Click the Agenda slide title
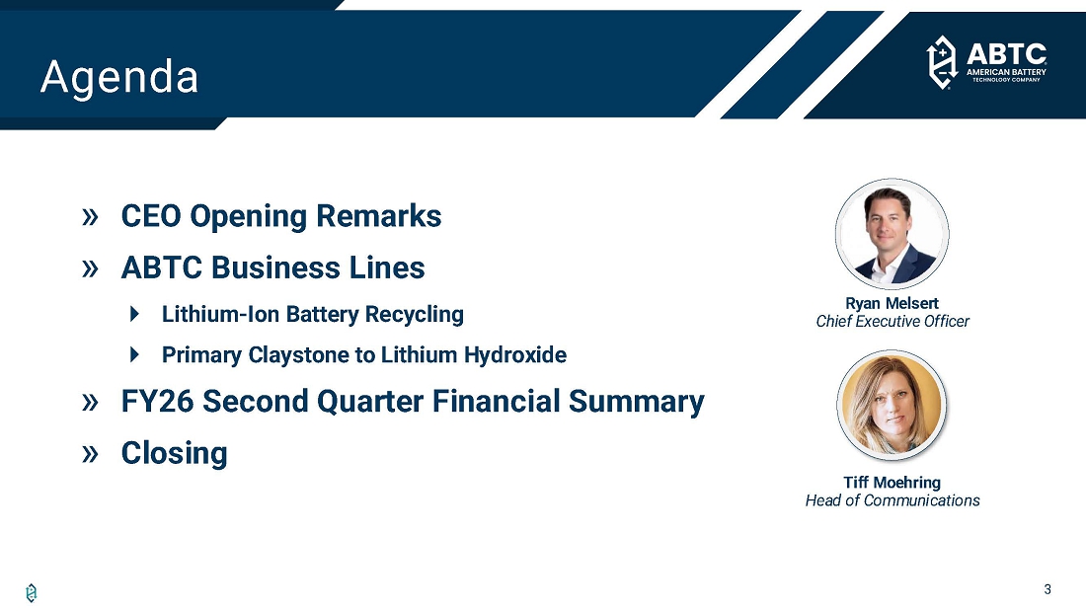(x=119, y=77)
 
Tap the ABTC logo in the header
(x=986, y=62)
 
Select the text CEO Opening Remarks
(x=281, y=216)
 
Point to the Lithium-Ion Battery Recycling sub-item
(x=312, y=315)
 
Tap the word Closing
(x=174, y=454)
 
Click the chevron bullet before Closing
(x=90, y=454)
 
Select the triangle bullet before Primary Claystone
(x=135, y=354)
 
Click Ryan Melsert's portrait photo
(x=892, y=234)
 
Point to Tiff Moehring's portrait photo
(x=892, y=406)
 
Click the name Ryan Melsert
(x=892, y=303)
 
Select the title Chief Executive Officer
(x=892, y=322)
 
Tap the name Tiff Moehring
(x=892, y=482)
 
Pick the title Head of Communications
(x=892, y=500)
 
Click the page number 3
(x=1047, y=589)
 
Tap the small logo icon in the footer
(x=32, y=593)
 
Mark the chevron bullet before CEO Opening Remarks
(x=90, y=217)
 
